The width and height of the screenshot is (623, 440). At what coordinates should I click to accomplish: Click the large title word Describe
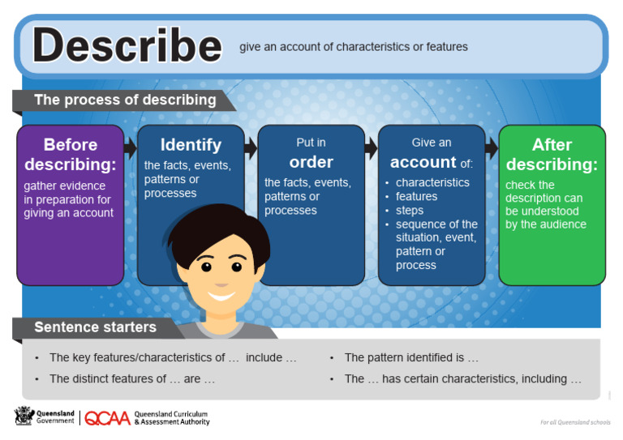[127, 45]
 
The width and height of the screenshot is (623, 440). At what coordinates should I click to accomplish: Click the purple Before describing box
[71, 204]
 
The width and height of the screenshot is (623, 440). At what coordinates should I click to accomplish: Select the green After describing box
[552, 204]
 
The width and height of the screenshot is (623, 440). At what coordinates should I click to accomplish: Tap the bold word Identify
[191, 145]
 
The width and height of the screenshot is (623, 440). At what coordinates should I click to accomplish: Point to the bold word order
[311, 161]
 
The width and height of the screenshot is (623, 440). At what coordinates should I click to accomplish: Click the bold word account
[423, 161]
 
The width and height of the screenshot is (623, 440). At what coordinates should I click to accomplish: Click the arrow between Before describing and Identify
[131, 147]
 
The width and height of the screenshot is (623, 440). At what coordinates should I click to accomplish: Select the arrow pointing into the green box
[492, 147]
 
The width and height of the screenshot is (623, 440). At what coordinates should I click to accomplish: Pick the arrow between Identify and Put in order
[251, 147]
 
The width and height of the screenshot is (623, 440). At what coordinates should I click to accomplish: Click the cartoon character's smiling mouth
[221, 293]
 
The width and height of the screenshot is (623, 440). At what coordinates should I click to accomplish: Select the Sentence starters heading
[95, 327]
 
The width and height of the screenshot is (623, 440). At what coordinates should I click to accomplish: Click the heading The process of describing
[125, 100]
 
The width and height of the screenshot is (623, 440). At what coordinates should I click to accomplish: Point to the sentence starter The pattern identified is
[411, 357]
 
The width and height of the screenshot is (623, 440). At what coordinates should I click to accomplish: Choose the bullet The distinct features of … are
[131, 378]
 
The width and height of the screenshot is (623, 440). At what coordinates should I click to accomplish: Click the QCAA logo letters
[106, 418]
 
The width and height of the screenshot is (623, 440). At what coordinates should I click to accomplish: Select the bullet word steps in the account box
[410, 210]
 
